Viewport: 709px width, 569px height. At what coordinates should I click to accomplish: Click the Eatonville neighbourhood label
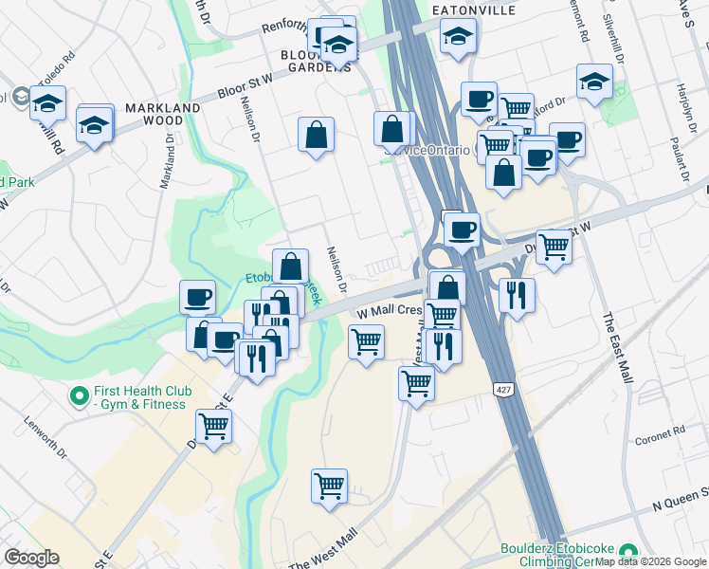coord(473,9)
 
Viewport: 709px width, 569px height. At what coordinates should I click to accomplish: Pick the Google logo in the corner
coord(31,558)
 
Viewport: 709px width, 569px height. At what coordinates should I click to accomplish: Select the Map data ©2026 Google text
coord(651,561)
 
